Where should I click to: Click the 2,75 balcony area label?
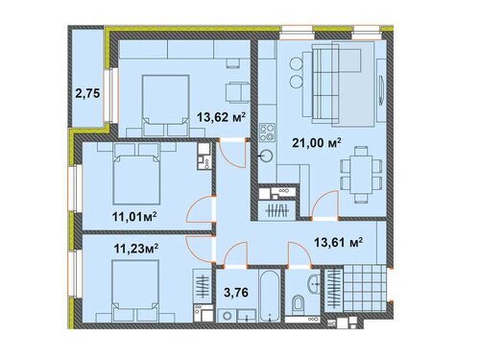point(87,93)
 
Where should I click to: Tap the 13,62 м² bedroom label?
point(221,117)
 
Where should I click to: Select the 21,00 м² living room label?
point(316,143)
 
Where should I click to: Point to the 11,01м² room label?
point(134,217)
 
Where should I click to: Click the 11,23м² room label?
point(136,249)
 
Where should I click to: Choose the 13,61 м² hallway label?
point(338,242)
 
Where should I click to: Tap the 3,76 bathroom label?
point(236,292)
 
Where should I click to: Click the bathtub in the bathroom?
point(270,296)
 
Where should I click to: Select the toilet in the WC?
point(298,303)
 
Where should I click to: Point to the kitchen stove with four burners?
point(267,132)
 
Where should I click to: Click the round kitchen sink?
point(266,156)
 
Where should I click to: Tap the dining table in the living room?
point(361,175)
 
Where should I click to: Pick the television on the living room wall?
point(381,90)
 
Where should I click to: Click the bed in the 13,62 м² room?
point(165,105)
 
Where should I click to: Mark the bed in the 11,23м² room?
point(135,291)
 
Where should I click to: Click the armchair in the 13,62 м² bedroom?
point(237,92)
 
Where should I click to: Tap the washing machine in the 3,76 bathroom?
point(228,316)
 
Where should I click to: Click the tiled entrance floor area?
point(365,288)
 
